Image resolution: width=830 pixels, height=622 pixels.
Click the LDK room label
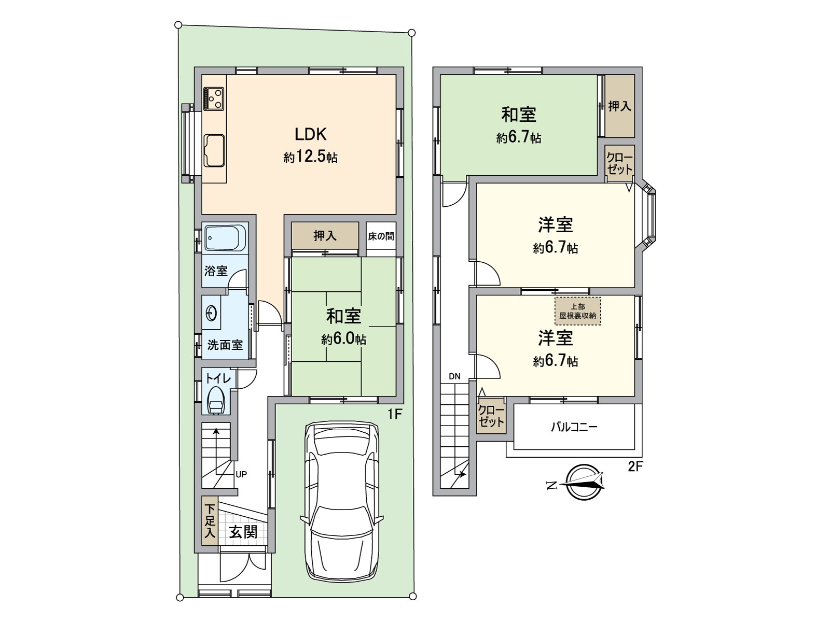coord(310,134)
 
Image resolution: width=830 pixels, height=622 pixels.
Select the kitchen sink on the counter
coord(214,150)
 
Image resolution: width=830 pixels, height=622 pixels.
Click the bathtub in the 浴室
coord(225,238)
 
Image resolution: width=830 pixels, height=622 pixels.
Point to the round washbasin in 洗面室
coord(212,313)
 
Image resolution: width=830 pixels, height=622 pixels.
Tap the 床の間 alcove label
coord(381,236)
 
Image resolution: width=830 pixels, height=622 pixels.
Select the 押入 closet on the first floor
coord(325,236)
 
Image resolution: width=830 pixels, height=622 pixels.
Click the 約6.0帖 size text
coord(343,339)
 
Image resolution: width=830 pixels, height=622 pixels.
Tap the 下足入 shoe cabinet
coord(209,521)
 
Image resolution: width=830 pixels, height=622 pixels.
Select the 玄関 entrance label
coord(243,532)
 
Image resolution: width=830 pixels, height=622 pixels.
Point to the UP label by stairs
coord(241,474)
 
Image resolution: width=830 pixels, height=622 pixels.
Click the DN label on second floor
coord(454,376)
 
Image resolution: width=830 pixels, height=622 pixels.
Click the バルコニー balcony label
coord(574,427)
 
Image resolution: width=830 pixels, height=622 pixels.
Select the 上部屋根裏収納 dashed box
coord(577,311)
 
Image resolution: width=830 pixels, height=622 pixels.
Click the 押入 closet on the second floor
coord(619,106)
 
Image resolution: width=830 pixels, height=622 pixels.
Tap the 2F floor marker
coord(635,466)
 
